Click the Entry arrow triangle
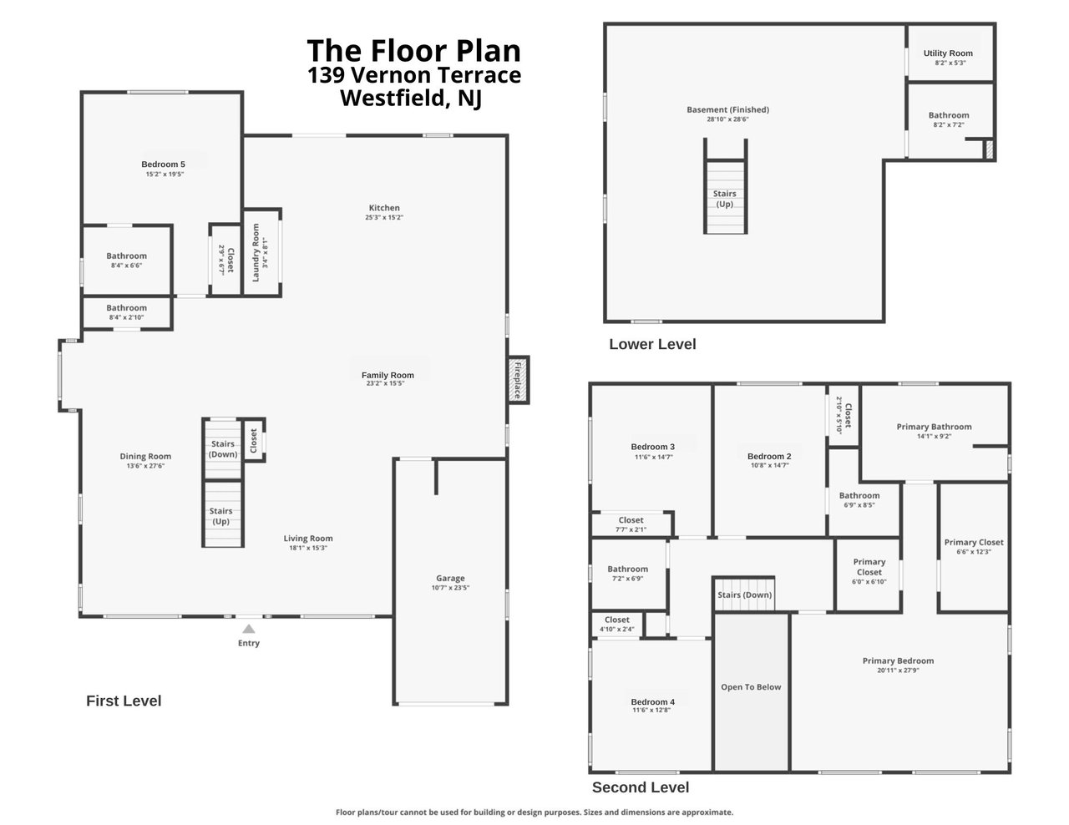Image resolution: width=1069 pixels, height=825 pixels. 248,629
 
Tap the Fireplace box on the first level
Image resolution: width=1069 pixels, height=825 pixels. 518,380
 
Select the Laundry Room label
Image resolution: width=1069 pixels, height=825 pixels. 256,253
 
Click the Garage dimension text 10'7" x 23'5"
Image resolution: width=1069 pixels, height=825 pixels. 450,588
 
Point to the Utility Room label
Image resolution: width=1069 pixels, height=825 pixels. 948,53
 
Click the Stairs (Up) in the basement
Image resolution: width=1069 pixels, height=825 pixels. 725,199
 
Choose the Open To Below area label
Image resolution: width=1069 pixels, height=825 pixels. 751,687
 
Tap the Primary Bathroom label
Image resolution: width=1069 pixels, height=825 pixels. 934,427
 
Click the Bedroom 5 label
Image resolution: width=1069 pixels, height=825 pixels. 164,164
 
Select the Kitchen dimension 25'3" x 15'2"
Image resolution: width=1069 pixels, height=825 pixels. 384,217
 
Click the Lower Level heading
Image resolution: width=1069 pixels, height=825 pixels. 652,344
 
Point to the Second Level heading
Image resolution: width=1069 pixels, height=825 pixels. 640,787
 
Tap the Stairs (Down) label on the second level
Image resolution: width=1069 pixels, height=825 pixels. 744,595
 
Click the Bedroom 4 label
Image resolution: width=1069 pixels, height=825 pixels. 653,701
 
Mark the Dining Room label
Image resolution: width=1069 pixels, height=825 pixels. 145,456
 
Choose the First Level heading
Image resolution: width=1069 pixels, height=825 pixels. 124,701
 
